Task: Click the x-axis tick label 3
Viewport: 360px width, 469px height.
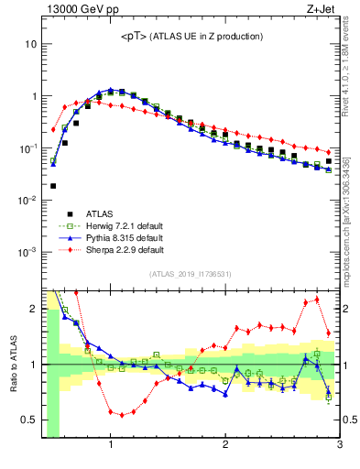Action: [339, 445]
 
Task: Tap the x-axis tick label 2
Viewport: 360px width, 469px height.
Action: [225, 445]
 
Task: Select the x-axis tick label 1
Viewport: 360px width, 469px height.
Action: [111, 445]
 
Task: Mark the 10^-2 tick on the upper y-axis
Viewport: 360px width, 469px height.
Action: [27, 200]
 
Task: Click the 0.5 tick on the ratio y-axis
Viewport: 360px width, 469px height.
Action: [29, 420]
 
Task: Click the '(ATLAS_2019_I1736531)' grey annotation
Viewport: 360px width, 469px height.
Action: [190, 274]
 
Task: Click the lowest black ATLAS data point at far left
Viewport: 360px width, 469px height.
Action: [53, 185]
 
